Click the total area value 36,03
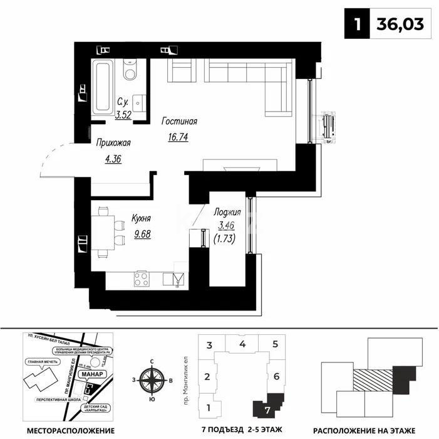400,24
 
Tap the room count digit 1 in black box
357,24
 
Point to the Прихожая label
113,143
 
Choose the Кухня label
142,219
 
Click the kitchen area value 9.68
142,234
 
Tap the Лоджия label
227,212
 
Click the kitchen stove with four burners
142,279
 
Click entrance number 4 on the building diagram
242,344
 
